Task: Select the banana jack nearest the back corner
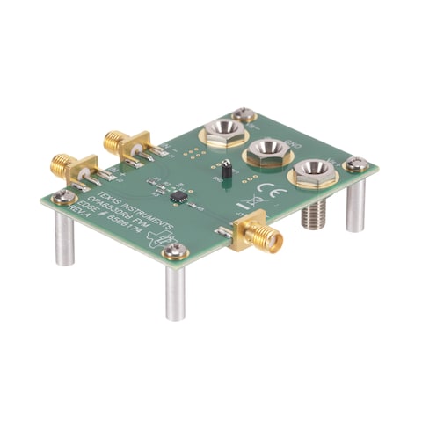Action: (222, 135)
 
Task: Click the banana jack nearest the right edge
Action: (310, 172)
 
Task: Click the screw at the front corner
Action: (176, 252)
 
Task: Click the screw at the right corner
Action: (356, 164)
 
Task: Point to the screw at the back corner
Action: (244, 113)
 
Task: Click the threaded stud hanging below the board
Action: (314, 214)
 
